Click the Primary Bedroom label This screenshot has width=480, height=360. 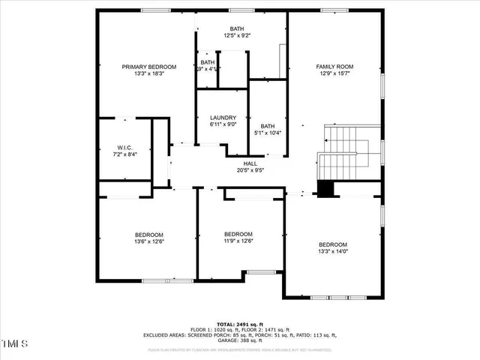point(148,67)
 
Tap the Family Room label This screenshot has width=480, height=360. point(335,67)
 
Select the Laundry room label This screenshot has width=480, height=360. point(223,118)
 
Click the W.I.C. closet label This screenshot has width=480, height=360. point(124,147)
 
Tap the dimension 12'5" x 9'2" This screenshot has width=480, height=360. point(236,36)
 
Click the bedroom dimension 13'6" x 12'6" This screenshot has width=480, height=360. point(148,241)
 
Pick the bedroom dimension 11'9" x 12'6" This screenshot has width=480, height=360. point(238,241)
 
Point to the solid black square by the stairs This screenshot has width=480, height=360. point(325,189)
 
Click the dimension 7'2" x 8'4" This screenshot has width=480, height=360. point(124,154)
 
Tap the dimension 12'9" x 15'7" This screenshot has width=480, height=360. point(335,73)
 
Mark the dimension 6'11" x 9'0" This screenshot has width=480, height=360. point(223,124)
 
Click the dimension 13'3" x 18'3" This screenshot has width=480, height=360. point(148,73)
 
